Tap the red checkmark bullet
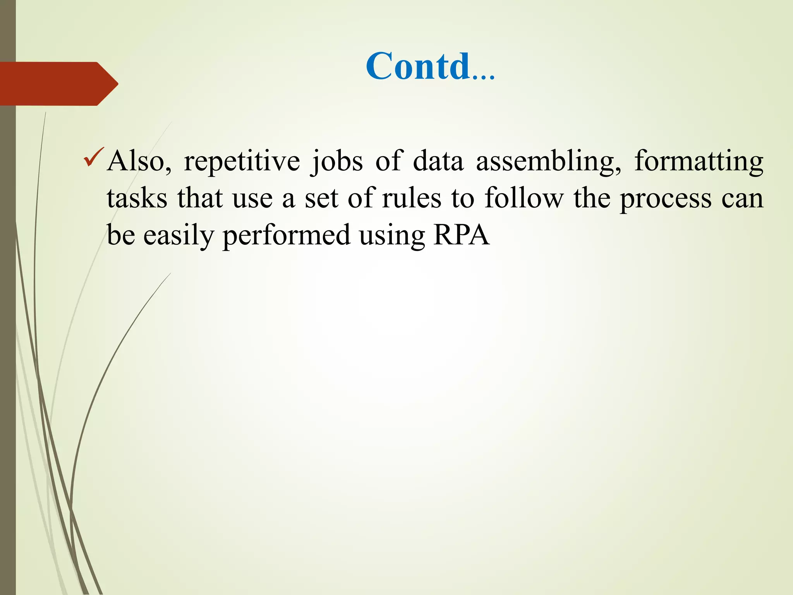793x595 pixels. (93, 157)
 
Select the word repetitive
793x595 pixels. (242, 161)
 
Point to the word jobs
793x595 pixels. (337, 161)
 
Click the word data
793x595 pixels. (438, 161)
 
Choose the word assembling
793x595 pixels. (548, 161)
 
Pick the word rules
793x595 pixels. (411, 198)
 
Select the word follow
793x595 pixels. (524, 198)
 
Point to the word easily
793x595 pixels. (179, 235)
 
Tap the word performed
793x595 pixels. (286, 235)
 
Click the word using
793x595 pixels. (391, 236)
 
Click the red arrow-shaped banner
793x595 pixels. (58, 84)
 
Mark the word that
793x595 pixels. (200, 198)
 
